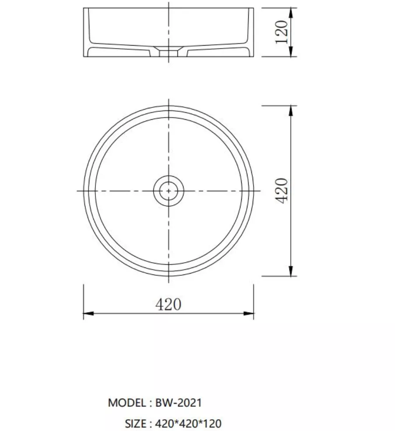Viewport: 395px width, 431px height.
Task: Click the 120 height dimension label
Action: [x=282, y=32]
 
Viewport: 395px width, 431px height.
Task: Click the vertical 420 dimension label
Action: [x=282, y=191]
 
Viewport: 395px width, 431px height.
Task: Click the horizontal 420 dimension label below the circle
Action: [x=168, y=304]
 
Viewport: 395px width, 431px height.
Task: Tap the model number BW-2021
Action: [x=179, y=403]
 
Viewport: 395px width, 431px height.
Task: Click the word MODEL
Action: [x=127, y=403]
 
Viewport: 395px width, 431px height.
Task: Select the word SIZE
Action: [x=136, y=424]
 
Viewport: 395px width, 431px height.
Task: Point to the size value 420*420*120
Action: [x=188, y=424]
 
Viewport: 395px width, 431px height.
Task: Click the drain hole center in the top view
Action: [x=168, y=190]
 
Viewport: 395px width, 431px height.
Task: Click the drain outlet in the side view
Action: [x=168, y=52]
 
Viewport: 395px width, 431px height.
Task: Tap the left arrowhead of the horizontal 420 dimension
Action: [x=88, y=313]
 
